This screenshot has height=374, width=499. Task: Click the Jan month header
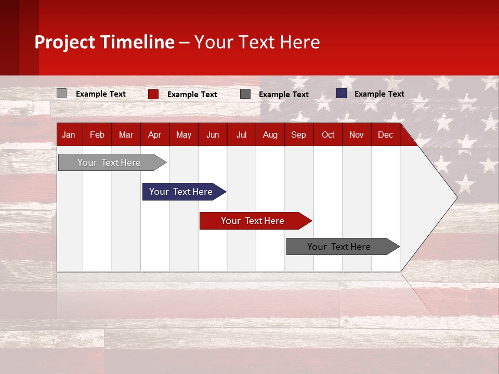[69, 135]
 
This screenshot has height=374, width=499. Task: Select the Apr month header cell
[154, 135]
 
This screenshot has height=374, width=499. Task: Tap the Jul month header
[241, 135]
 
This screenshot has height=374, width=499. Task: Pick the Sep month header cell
[298, 135]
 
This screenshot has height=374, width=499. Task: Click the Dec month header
[385, 135]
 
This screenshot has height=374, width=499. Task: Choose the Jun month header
[212, 135]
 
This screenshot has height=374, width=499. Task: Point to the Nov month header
[356, 135]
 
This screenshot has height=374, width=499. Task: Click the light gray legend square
[61, 94]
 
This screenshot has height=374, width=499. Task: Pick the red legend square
[153, 94]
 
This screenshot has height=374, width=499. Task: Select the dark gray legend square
[245, 94]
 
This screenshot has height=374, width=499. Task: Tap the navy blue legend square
[342, 94]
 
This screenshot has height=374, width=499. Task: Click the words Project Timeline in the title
[104, 42]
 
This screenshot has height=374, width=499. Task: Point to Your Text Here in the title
[257, 42]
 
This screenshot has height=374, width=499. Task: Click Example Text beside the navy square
[379, 94]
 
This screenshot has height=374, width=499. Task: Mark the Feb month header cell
[97, 135]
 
